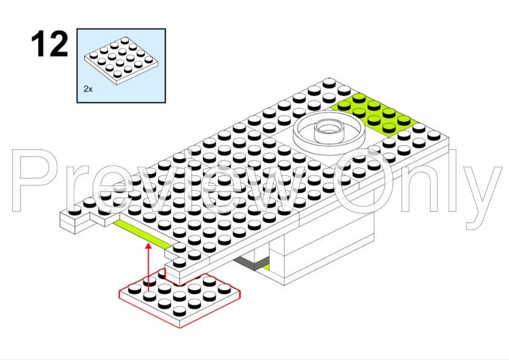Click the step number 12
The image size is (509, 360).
[50, 43]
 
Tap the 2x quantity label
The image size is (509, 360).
[88, 89]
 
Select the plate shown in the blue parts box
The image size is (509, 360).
[121, 60]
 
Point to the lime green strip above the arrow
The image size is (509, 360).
[143, 234]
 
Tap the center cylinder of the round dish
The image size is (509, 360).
[329, 130]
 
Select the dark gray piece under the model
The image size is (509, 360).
[251, 263]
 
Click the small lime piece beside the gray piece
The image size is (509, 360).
[266, 267]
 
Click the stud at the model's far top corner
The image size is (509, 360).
[329, 82]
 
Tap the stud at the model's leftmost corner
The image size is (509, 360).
[75, 210]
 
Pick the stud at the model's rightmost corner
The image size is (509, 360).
[433, 135]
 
